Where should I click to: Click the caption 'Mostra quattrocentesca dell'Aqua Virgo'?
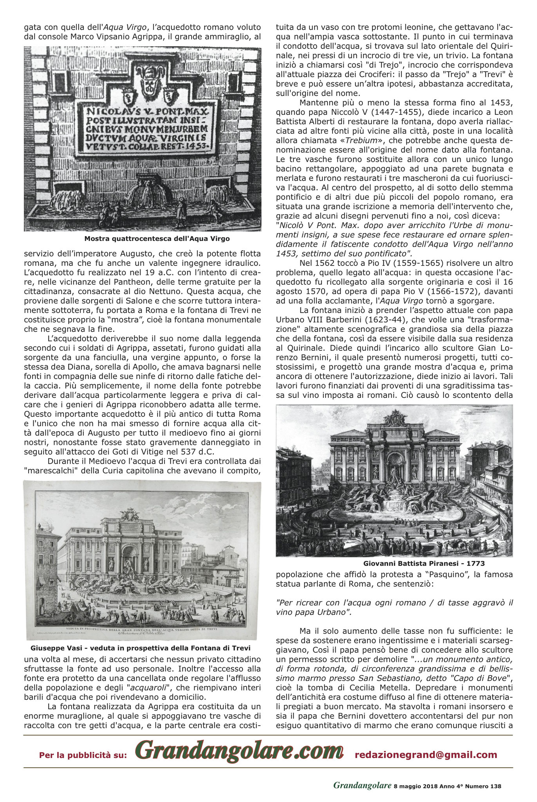tap(157, 238)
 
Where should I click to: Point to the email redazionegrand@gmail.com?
tap(426, 755)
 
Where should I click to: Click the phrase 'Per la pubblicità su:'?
tap(83, 755)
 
